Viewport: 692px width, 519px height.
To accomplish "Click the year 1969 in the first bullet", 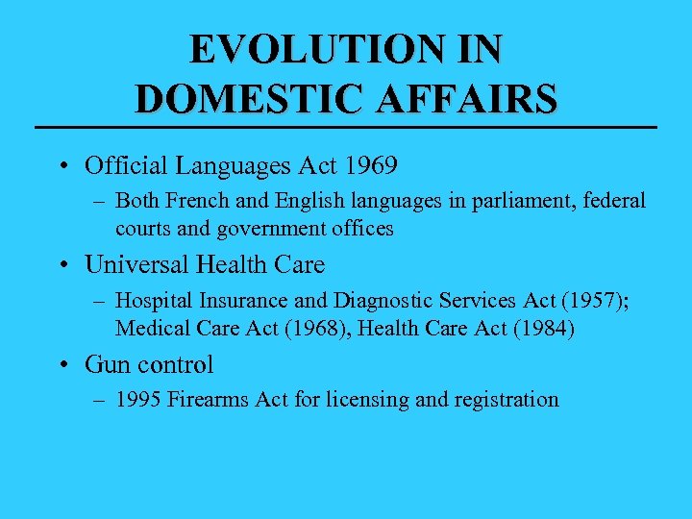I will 369,165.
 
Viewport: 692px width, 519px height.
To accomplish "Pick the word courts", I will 143,229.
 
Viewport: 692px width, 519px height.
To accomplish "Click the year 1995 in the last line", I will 138,400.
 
